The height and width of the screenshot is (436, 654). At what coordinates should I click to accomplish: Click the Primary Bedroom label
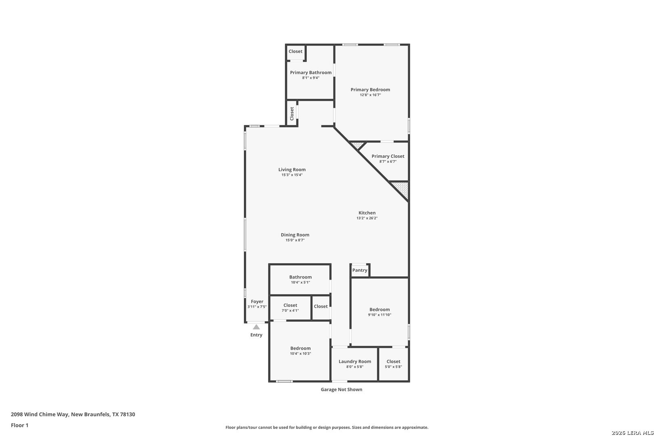click(370, 90)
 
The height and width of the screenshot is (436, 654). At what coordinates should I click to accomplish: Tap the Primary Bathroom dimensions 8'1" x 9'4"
click(311, 78)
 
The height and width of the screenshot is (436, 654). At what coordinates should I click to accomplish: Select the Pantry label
click(360, 270)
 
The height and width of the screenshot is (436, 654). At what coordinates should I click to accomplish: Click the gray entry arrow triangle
click(256, 327)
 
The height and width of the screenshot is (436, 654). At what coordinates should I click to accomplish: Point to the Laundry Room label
click(355, 362)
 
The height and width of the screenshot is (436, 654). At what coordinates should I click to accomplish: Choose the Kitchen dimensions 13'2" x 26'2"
click(367, 218)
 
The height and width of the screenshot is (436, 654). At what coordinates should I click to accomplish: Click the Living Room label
click(292, 170)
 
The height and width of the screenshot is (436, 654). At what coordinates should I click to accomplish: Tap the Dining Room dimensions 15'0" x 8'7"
click(295, 240)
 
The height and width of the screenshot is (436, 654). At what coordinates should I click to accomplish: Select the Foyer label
click(257, 302)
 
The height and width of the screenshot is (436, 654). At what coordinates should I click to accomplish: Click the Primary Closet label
click(388, 156)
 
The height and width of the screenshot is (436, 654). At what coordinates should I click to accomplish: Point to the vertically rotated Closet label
click(291, 113)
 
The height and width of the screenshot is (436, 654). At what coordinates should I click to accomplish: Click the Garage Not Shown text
click(341, 390)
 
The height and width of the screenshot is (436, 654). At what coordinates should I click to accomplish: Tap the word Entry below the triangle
click(256, 335)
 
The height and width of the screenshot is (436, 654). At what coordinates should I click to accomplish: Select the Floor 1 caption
click(19, 425)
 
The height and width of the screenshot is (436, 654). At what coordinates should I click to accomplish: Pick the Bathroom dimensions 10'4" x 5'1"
click(300, 283)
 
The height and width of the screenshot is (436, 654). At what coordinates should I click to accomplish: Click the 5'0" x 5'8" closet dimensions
click(393, 367)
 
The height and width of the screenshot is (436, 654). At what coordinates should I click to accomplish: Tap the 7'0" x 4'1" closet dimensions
click(290, 310)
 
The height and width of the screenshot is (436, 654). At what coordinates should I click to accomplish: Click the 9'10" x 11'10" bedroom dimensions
click(379, 315)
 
